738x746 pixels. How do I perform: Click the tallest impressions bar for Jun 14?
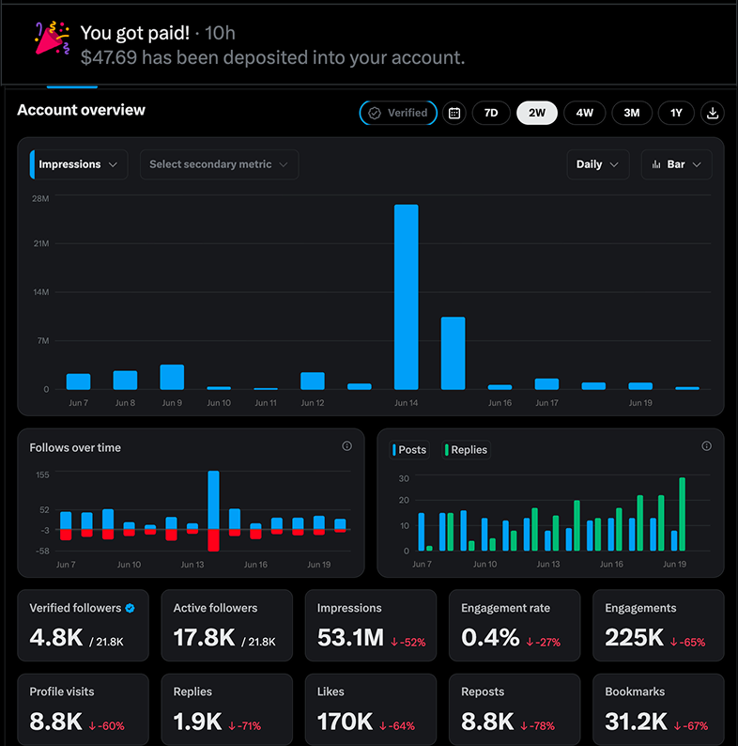tap(407, 297)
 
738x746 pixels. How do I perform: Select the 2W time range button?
tap(537, 113)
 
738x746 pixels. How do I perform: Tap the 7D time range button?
tap(491, 113)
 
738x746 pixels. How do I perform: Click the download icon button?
tap(712, 113)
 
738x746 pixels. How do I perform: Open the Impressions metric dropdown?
tap(79, 164)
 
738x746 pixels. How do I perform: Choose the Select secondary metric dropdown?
tap(219, 164)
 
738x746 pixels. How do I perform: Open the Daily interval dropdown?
tap(598, 164)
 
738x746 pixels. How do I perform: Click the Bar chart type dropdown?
tap(676, 164)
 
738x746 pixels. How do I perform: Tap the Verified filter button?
tap(398, 113)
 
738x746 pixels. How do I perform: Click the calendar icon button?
tap(454, 113)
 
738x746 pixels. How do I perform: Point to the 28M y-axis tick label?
tap(40, 198)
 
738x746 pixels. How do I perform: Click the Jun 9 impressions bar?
tap(172, 377)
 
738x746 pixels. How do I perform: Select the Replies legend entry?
tap(466, 450)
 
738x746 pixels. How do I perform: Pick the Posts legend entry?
tap(409, 450)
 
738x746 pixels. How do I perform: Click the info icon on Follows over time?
tap(347, 445)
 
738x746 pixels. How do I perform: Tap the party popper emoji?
tap(53, 39)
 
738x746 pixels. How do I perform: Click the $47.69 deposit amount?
tap(109, 57)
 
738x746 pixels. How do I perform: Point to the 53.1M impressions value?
tap(350, 638)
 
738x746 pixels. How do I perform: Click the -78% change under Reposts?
tap(537, 726)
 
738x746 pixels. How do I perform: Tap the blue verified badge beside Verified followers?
tap(130, 608)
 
